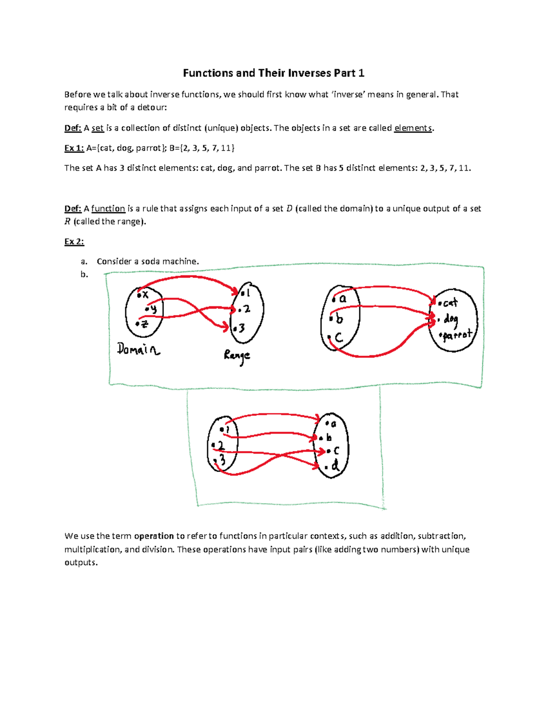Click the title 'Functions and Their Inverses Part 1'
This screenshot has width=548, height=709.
(x=274, y=73)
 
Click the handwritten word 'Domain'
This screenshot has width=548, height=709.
(x=138, y=350)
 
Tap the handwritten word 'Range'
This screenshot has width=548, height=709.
(x=237, y=356)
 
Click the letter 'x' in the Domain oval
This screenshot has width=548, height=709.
(x=145, y=295)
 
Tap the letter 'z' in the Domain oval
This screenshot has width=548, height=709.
(x=144, y=324)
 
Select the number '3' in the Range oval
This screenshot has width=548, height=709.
(x=242, y=328)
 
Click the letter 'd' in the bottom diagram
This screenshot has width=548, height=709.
(x=335, y=466)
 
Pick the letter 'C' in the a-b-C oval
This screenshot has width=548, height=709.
(x=338, y=338)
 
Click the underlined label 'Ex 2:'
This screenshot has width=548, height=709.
(x=74, y=242)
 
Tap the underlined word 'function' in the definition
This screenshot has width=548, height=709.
(x=108, y=209)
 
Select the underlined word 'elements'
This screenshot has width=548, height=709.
(x=413, y=128)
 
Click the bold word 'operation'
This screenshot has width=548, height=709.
(x=154, y=536)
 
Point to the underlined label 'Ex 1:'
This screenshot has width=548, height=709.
(x=74, y=148)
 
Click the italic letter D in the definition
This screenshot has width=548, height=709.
(x=289, y=209)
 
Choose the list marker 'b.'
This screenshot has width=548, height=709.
(x=84, y=274)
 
